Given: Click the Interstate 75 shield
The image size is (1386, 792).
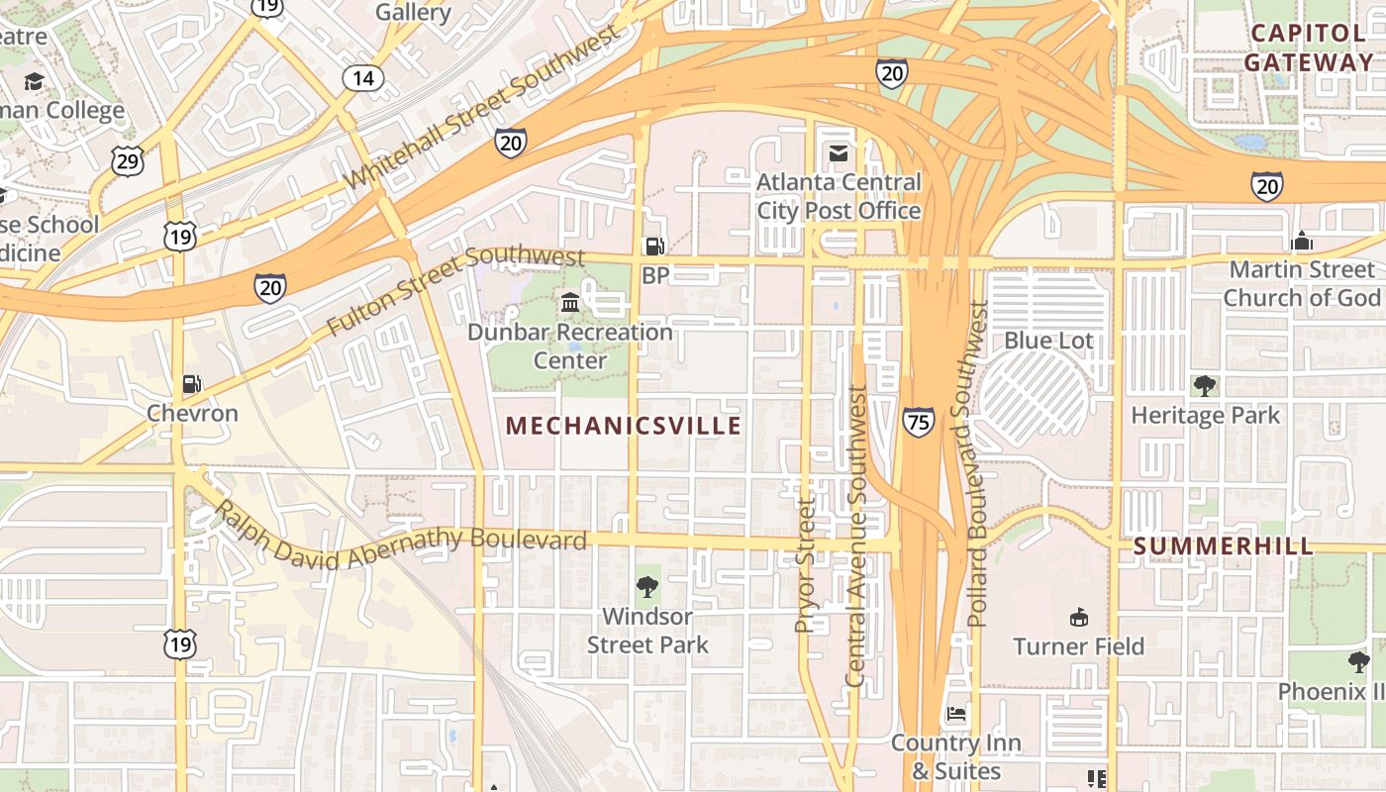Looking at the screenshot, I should pos(918,423).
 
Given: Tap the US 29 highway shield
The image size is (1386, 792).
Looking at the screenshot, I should pos(127,161).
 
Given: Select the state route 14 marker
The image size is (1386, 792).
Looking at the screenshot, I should pos(363,77).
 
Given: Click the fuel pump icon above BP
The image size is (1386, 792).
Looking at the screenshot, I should pos(654,246).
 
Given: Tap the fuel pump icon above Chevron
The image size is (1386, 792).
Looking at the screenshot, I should pos(192,383).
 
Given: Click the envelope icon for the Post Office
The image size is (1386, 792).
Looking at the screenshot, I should pos(839,153).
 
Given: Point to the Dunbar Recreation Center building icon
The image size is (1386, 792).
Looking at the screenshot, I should pos(570,302).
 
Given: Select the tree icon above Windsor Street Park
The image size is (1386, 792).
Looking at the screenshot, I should pos(647,587).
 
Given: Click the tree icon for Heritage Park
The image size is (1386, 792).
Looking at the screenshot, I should pos(1205,386).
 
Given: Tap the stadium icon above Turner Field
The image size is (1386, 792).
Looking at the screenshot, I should pos(1078,617).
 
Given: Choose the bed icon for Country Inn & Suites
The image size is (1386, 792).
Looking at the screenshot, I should pos(955,713).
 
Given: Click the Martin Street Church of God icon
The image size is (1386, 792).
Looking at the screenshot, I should pos(1302,241).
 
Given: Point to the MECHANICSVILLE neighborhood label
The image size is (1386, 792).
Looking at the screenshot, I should pos(624,426).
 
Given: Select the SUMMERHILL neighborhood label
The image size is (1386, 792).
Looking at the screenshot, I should pos(1224,546).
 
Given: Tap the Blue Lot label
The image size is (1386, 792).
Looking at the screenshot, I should pos(1048,341).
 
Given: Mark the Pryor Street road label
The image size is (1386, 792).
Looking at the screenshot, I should pos(807,564).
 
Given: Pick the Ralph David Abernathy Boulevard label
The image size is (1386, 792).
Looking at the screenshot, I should pos(401,540).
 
